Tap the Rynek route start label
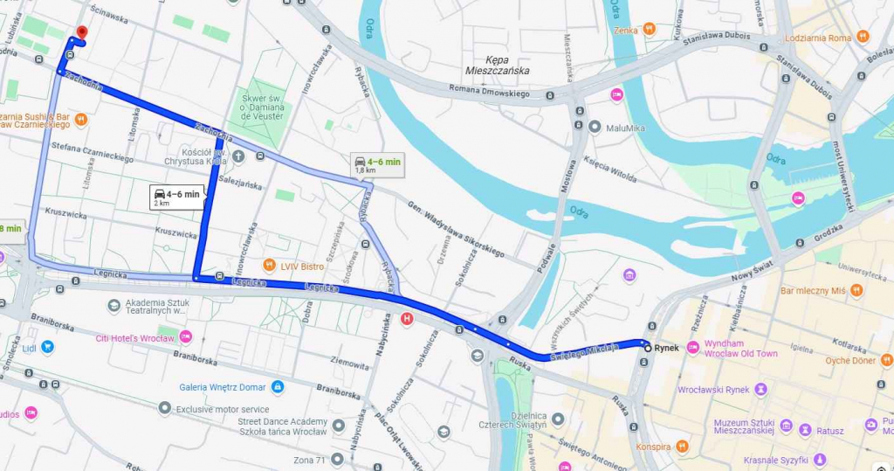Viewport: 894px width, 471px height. tap(665, 348)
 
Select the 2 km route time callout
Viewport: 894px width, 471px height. tap(177, 197)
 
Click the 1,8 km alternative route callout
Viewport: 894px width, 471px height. tap(377, 164)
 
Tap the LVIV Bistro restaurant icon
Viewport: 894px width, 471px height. tap(270, 265)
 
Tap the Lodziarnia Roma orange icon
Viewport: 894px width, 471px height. tap(863, 37)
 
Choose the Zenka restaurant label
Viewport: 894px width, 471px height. tap(625, 31)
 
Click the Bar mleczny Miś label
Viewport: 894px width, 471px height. tap(813, 290)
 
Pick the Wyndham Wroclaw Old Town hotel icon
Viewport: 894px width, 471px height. tap(693, 348)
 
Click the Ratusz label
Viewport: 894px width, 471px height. tap(830, 430)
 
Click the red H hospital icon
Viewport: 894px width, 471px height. tap(406, 320)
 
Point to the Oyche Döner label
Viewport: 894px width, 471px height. tap(849, 360)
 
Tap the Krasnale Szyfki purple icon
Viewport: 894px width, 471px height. tap(819, 459)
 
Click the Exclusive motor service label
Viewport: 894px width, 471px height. tap(223, 408)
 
